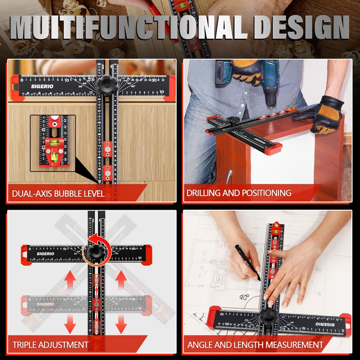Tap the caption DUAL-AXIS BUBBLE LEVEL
[x=59, y=193]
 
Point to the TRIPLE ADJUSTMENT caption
[x=50, y=345]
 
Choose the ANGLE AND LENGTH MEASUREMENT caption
[x=255, y=345]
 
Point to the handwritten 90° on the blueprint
[x=244, y=297]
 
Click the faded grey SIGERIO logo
[x=43, y=304]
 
